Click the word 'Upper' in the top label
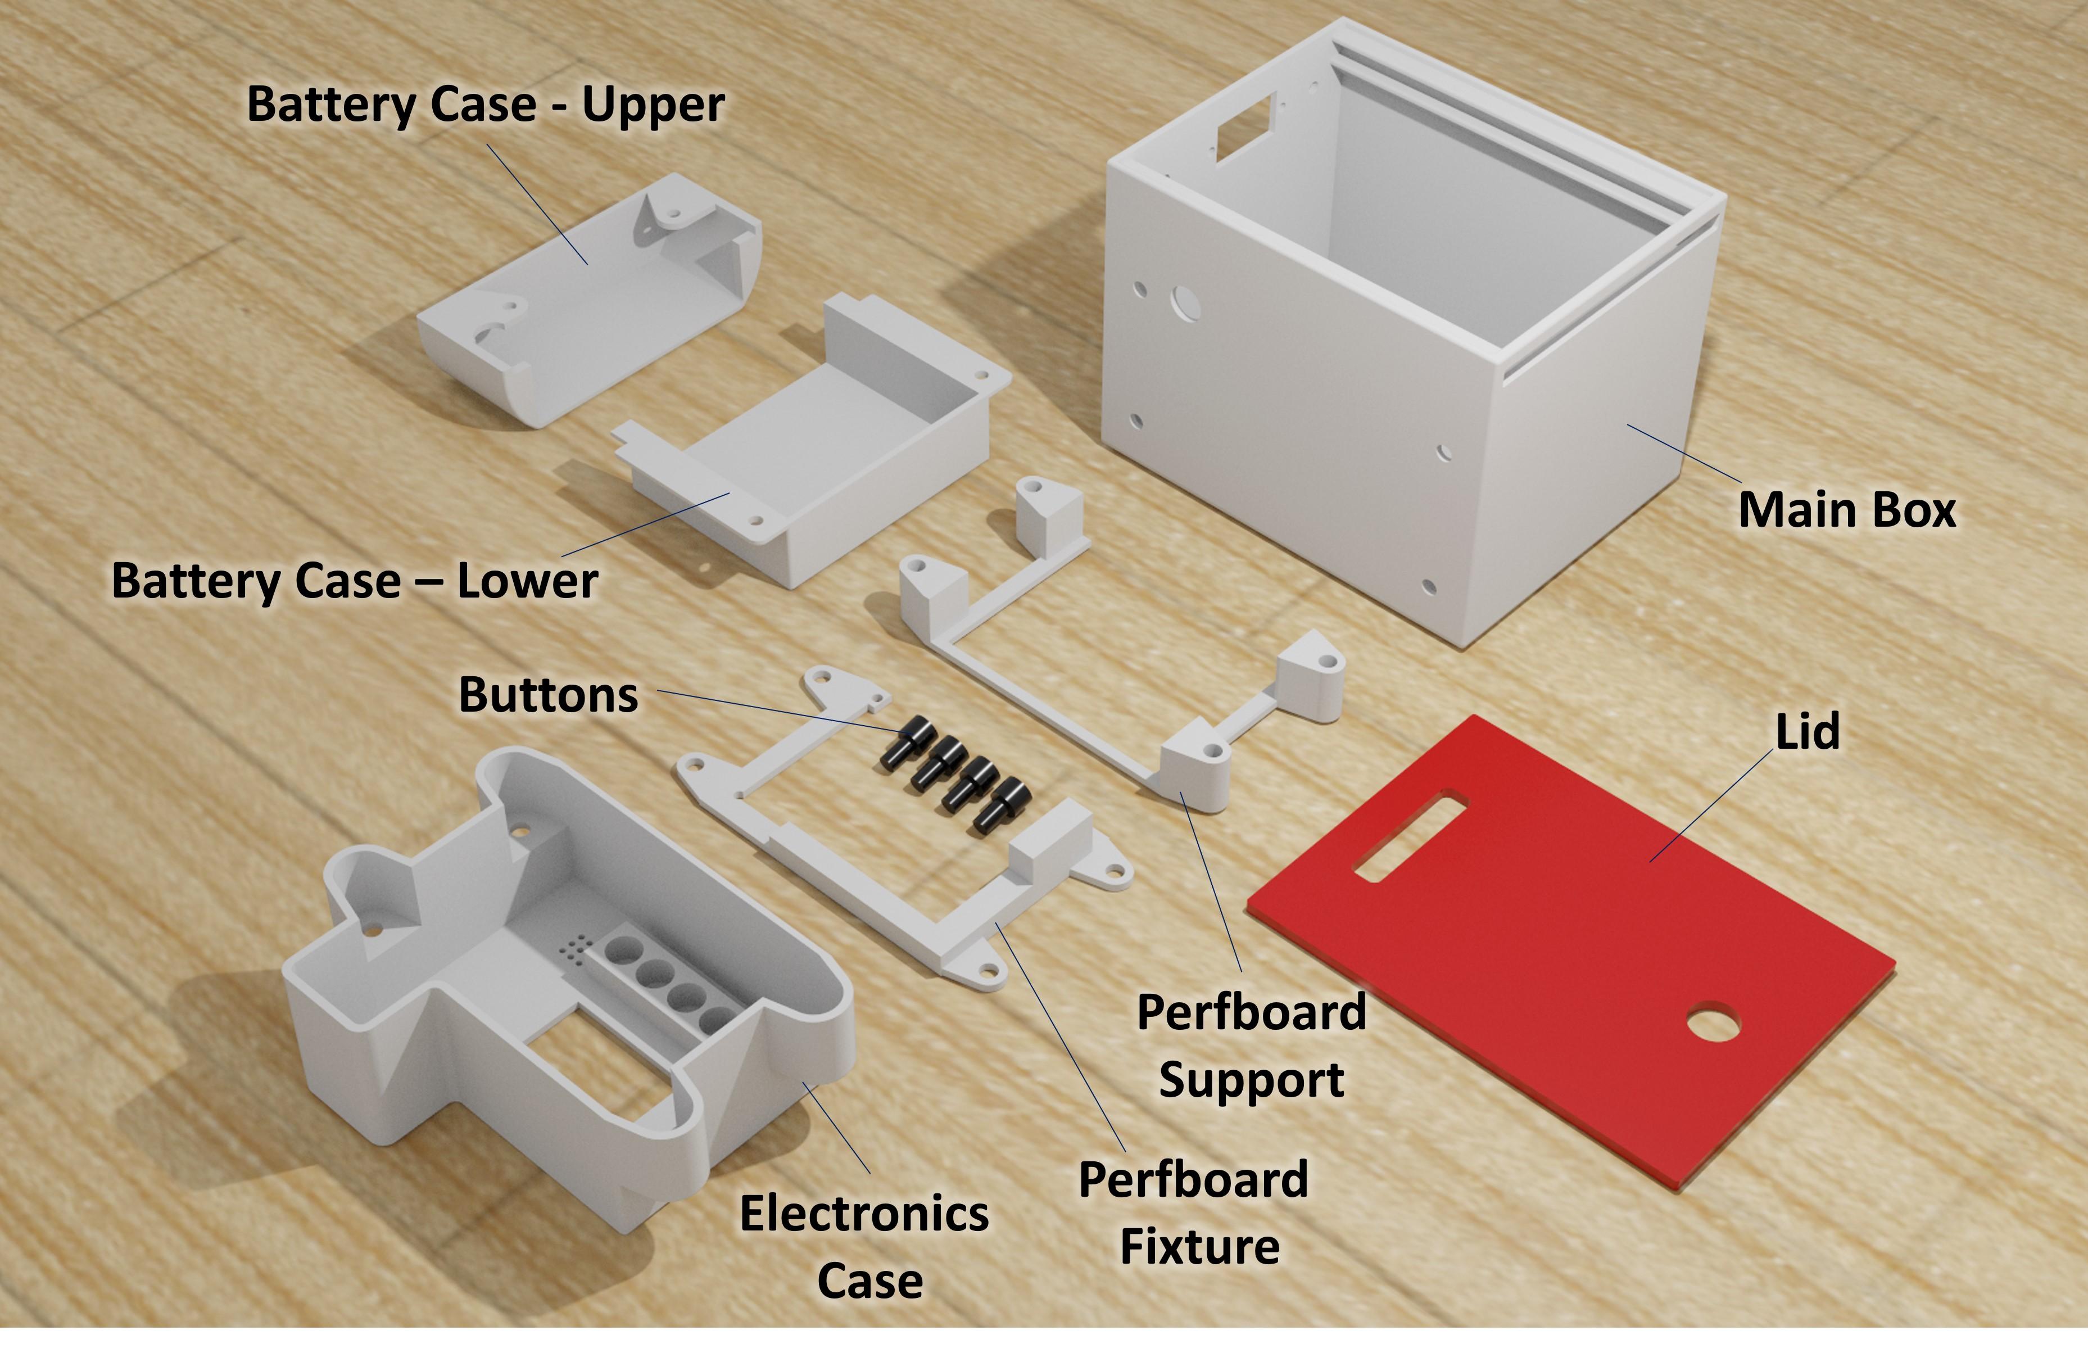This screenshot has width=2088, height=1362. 654,105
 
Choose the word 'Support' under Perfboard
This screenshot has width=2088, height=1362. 1251,1079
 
